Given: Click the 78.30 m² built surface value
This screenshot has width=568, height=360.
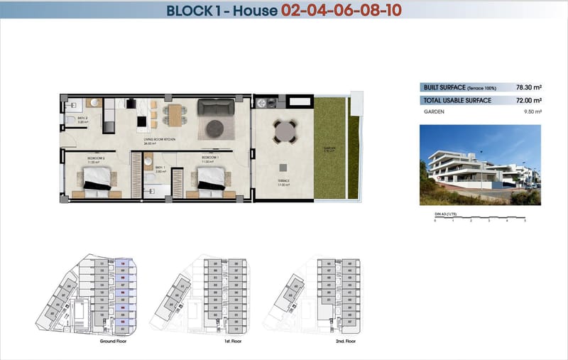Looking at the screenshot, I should pos(528,88).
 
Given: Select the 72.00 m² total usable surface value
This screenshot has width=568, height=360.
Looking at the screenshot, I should pos(528,101).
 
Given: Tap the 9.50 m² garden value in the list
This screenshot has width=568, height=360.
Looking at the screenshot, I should pos(532,112).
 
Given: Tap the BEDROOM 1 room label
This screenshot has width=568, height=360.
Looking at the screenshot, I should pos(209,157).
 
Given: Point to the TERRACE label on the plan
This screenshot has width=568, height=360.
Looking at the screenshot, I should pos(283,182).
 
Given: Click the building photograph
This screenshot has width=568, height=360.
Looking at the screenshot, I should pos(479,165).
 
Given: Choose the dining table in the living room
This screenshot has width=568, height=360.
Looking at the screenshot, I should pos(175,113).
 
